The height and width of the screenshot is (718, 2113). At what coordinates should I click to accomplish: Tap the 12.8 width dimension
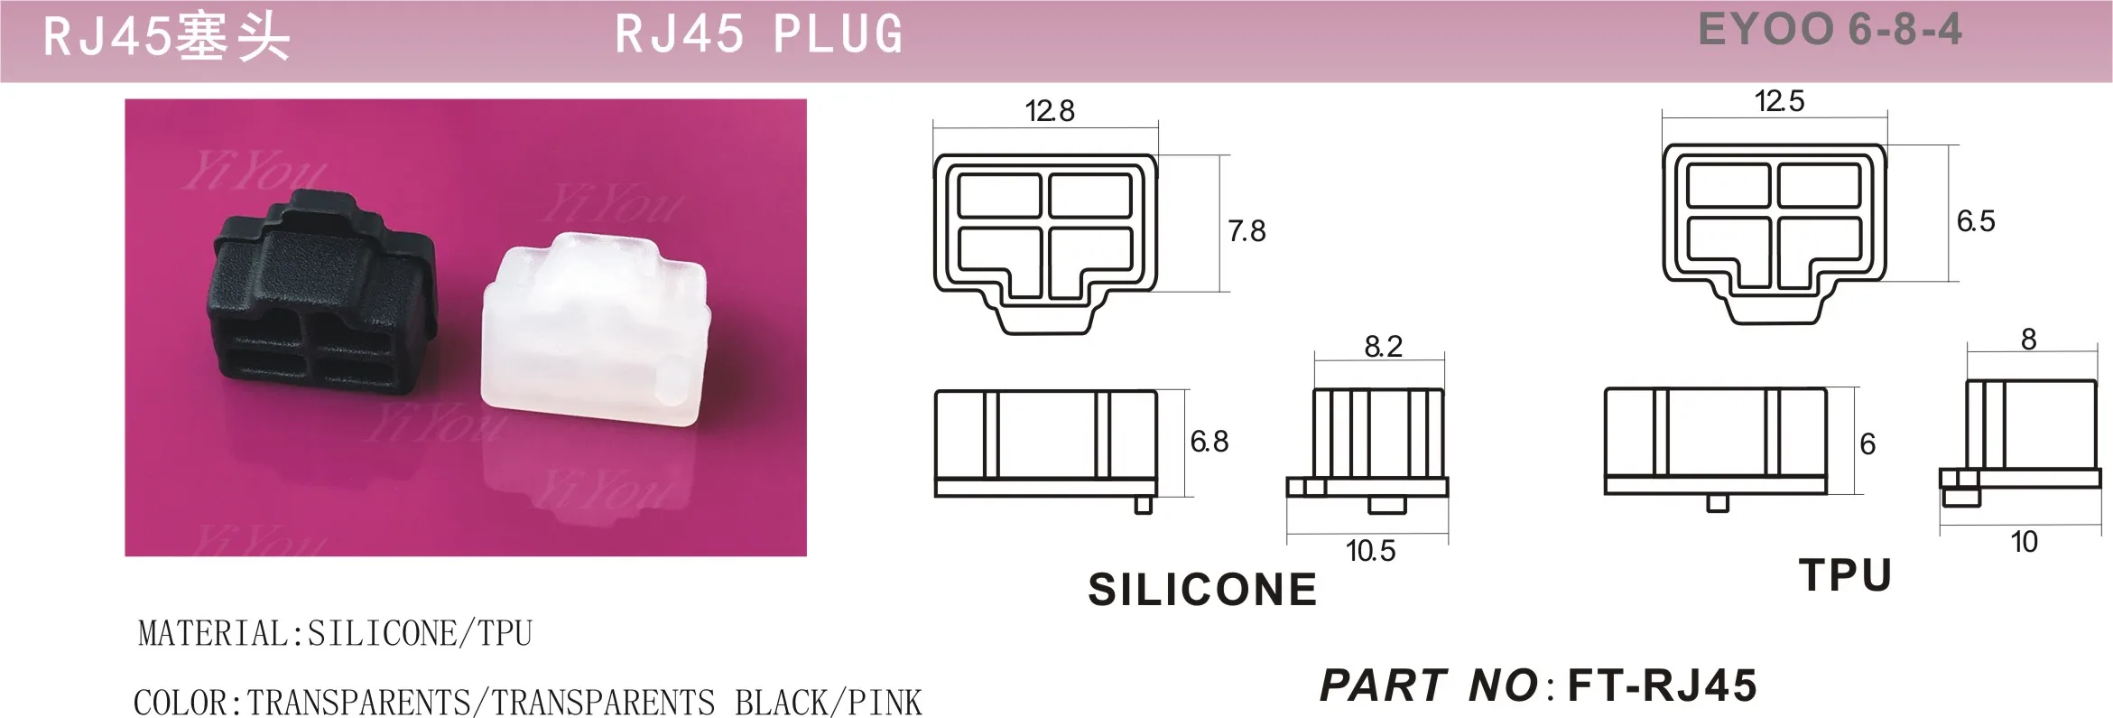coord(1049,111)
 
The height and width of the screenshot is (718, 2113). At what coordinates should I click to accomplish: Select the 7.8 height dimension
coord(1246,231)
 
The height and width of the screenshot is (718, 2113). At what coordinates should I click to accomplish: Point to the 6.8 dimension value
coord(1209,442)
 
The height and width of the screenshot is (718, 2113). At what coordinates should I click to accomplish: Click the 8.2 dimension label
coord(1383,347)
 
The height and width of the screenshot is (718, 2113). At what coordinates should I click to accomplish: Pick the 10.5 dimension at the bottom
coord(1370,551)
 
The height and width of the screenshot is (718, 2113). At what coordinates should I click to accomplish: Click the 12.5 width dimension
coord(1779,101)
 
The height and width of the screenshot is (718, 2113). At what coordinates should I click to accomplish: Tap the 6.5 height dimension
coord(1976,221)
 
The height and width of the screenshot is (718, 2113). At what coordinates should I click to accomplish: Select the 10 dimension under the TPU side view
coord(2024,542)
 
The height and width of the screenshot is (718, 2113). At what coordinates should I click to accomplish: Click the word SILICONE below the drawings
coord(1202,590)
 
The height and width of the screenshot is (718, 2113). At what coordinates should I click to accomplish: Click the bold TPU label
coord(1845,575)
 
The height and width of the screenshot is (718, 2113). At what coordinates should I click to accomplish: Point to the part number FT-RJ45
coord(1663,685)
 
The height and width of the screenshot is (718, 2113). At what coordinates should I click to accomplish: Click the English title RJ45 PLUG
coord(758,34)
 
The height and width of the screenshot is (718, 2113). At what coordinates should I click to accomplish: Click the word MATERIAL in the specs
coord(212,633)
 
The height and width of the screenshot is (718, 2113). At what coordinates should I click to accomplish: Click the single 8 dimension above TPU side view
coord(2028,340)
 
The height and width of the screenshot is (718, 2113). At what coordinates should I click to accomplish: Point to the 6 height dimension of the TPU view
coord(1867,444)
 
